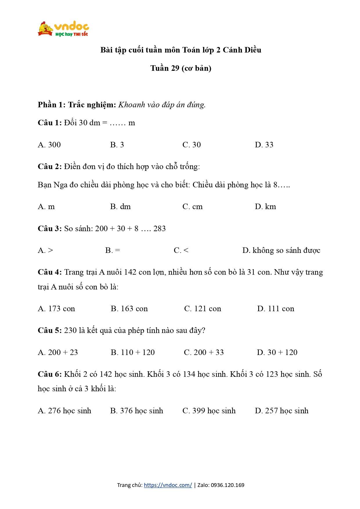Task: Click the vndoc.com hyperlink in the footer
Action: [x=168, y=485]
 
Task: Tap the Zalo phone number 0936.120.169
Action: [x=227, y=485]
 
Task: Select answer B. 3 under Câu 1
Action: [x=117, y=145]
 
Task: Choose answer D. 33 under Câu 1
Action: [x=264, y=145]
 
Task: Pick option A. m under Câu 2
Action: [x=46, y=207]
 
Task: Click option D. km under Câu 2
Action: [x=265, y=207]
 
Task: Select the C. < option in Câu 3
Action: [x=181, y=250]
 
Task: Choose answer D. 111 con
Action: [x=276, y=309]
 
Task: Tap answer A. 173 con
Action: [x=56, y=309]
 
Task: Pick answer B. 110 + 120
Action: [x=133, y=352]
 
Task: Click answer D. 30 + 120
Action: [x=277, y=352]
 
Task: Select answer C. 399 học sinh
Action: [x=209, y=411]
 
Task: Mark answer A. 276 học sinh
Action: [x=64, y=411]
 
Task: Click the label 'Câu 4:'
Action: [x=50, y=272]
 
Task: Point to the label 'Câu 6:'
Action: [x=50, y=374]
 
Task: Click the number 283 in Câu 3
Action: [x=160, y=229]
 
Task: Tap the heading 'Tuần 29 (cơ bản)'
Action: [x=181, y=68]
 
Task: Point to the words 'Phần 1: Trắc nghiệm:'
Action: [x=77, y=105]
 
